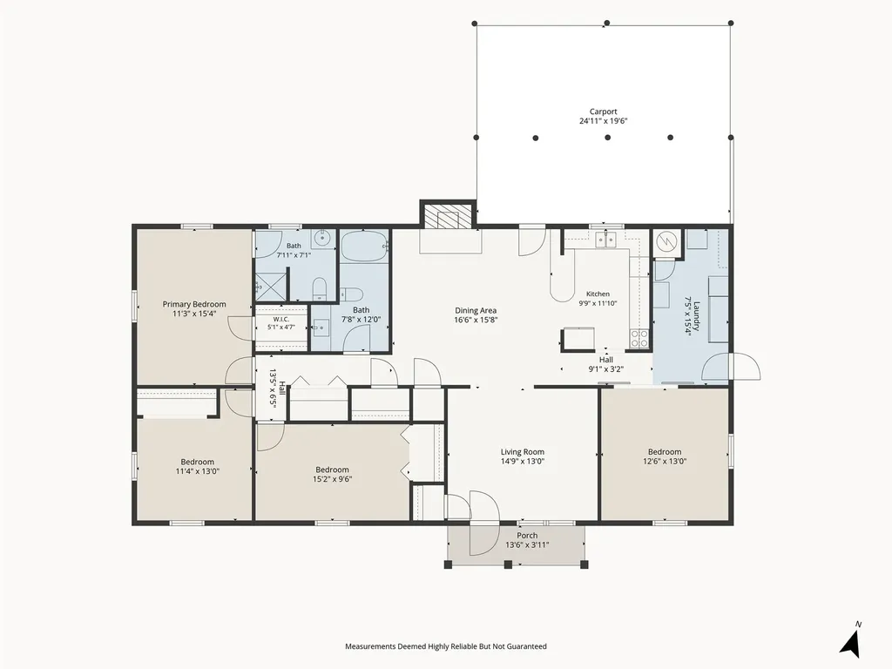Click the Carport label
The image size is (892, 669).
pyautogui.click(x=603, y=112)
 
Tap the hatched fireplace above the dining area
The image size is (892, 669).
pyautogui.click(x=447, y=216)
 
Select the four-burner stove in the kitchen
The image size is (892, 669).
pyautogui.click(x=639, y=339)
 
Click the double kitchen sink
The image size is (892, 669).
pyautogui.click(x=606, y=240)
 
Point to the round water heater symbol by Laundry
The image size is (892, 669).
pyautogui.click(x=665, y=242)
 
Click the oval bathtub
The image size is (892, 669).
pyautogui.click(x=364, y=246)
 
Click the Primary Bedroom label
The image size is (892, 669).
pyautogui.click(x=194, y=304)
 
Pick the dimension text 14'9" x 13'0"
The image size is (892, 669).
pyautogui.click(x=523, y=462)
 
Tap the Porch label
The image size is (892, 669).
pyautogui.click(x=527, y=536)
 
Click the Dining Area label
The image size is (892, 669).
pyautogui.click(x=476, y=311)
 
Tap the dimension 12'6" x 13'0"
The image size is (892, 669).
pyautogui.click(x=665, y=462)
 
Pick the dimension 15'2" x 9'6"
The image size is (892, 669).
pyautogui.click(x=332, y=479)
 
